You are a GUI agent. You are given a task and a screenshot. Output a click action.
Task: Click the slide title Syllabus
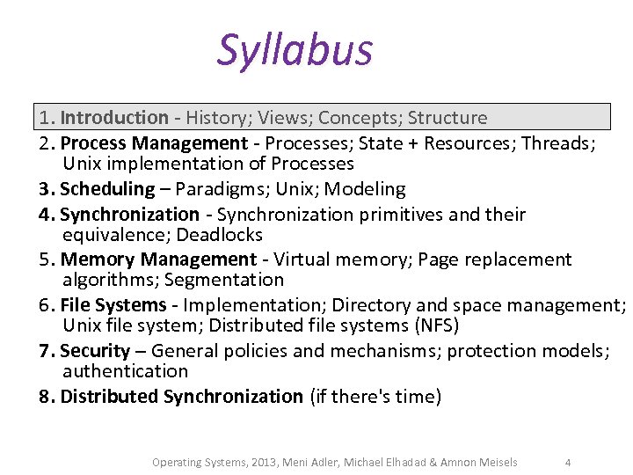295,50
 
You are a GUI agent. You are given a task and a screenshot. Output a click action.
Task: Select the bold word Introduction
114,118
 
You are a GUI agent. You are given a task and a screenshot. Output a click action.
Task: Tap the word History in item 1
219,118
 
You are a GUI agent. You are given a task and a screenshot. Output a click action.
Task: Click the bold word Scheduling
107,189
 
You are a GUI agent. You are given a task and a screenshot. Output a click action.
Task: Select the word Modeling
365,189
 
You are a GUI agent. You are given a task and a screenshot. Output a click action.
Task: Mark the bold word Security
95,351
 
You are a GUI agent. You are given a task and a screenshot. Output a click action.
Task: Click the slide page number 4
568,462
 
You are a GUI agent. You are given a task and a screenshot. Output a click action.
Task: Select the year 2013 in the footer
262,462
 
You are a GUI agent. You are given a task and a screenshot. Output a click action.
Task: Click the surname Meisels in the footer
496,462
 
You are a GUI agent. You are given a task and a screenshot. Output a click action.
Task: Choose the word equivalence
116,235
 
